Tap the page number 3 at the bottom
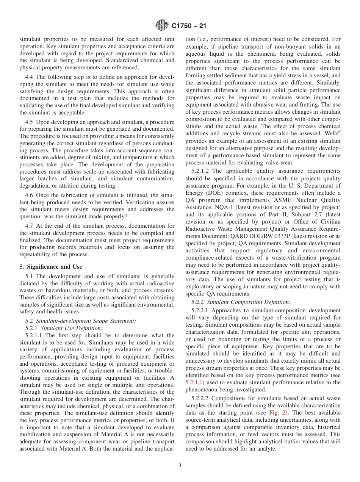coord(180,466)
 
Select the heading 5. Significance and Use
coord(50,267)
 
